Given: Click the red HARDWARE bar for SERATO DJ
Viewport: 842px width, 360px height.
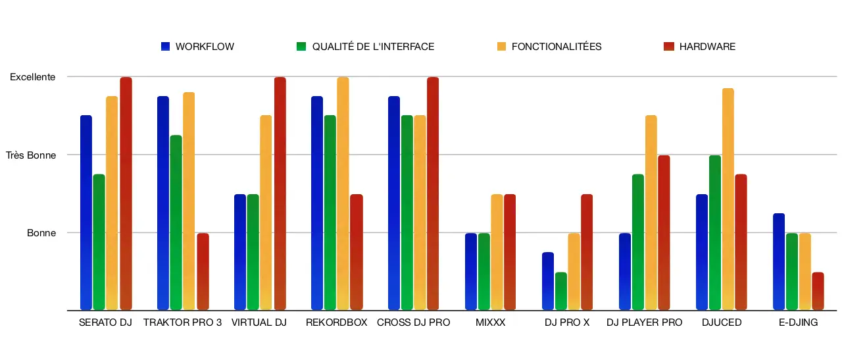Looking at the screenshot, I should click(x=125, y=193).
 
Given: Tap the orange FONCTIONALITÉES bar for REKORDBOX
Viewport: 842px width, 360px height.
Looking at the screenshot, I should click(x=343, y=193).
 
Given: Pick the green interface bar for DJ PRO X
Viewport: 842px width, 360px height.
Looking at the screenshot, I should click(x=561, y=291).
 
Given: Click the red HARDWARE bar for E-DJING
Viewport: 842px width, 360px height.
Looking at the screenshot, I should click(x=818, y=291).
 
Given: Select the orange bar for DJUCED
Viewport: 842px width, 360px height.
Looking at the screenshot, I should click(x=728, y=199).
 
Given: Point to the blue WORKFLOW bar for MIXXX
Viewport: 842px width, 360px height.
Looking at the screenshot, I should click(x=471, y=271).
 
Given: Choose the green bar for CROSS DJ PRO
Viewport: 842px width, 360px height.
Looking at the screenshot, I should click(x=407, y=213).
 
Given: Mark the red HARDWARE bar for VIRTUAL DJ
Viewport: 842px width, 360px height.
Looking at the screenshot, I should click(x=280, y=193).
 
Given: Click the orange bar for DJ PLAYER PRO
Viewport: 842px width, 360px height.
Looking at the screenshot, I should click(x=651, y=213).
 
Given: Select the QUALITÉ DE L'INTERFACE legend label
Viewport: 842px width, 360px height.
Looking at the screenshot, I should click(x=373, y=47).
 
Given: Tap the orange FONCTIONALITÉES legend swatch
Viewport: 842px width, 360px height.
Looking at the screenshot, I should click(x=501, y=47).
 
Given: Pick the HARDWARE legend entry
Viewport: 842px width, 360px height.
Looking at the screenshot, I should click(x=707, y=47).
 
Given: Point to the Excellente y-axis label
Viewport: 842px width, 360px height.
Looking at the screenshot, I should click(x=32, y=77).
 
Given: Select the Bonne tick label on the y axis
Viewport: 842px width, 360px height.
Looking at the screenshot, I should click(x=41, y=233).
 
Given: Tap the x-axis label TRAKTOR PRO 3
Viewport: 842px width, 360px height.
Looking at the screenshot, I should click(x=182, y=322).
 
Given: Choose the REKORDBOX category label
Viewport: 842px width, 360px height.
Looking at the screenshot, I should click(x=336, y=322).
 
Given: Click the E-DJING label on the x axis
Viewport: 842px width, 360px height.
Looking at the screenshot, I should click(x=798, y=322).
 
